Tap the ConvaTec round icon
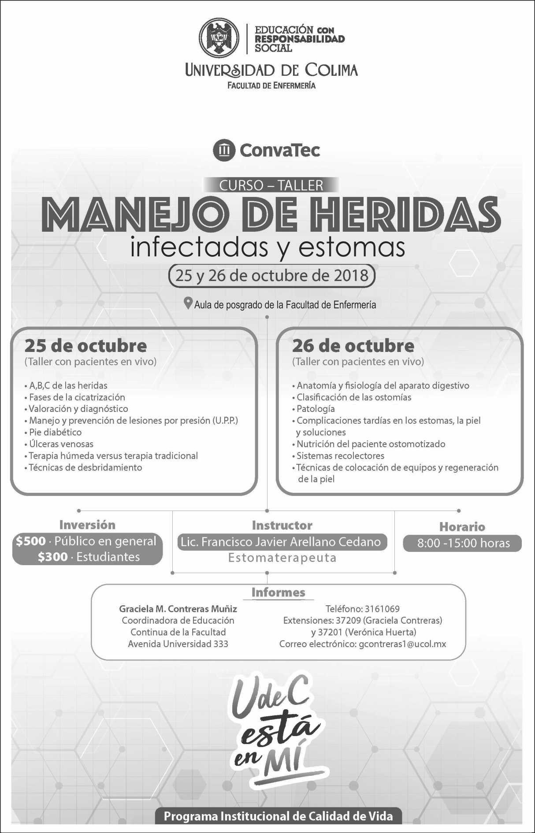tap(224, 150)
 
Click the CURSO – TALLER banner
tap(271, 185)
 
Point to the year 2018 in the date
tap(351, 276)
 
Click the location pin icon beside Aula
tap(188, 304)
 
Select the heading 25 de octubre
tap(85, 346)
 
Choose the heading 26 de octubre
tap(353, 346)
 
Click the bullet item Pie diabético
tap(55, 432)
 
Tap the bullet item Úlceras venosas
tap(61, 444)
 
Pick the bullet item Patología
tap(316, 409)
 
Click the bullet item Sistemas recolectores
tap(340, 456)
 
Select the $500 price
tap(30, 541)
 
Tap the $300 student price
tap(52, 557)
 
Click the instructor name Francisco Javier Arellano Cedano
tap(291, 542)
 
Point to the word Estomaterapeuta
tap(282, 558)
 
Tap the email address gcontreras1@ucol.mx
tap(402, 644)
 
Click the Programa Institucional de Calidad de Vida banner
tap(278, 816)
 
